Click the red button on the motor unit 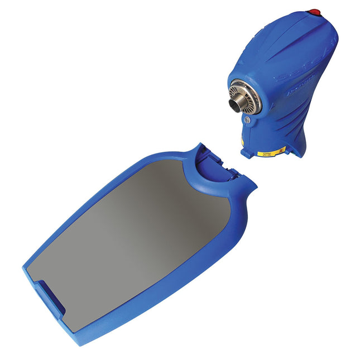[314, 11]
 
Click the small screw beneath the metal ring [246, 119]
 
